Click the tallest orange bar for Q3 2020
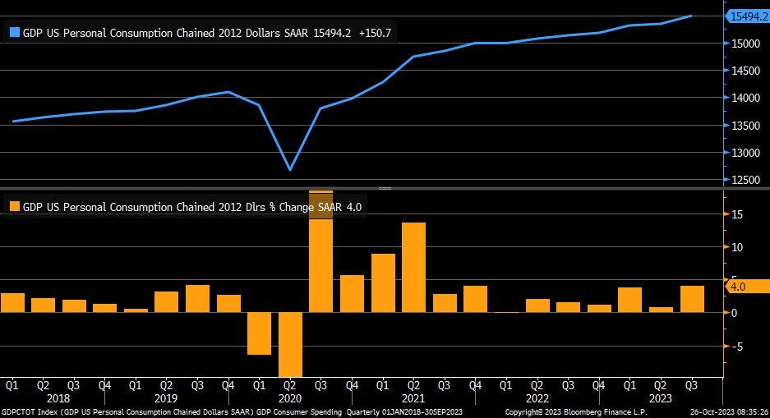320,255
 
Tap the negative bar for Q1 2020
259,333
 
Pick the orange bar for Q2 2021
413,267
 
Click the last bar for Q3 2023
692,299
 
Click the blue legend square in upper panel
13,33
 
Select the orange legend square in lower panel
13,207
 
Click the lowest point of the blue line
289,169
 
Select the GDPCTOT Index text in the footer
30,411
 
